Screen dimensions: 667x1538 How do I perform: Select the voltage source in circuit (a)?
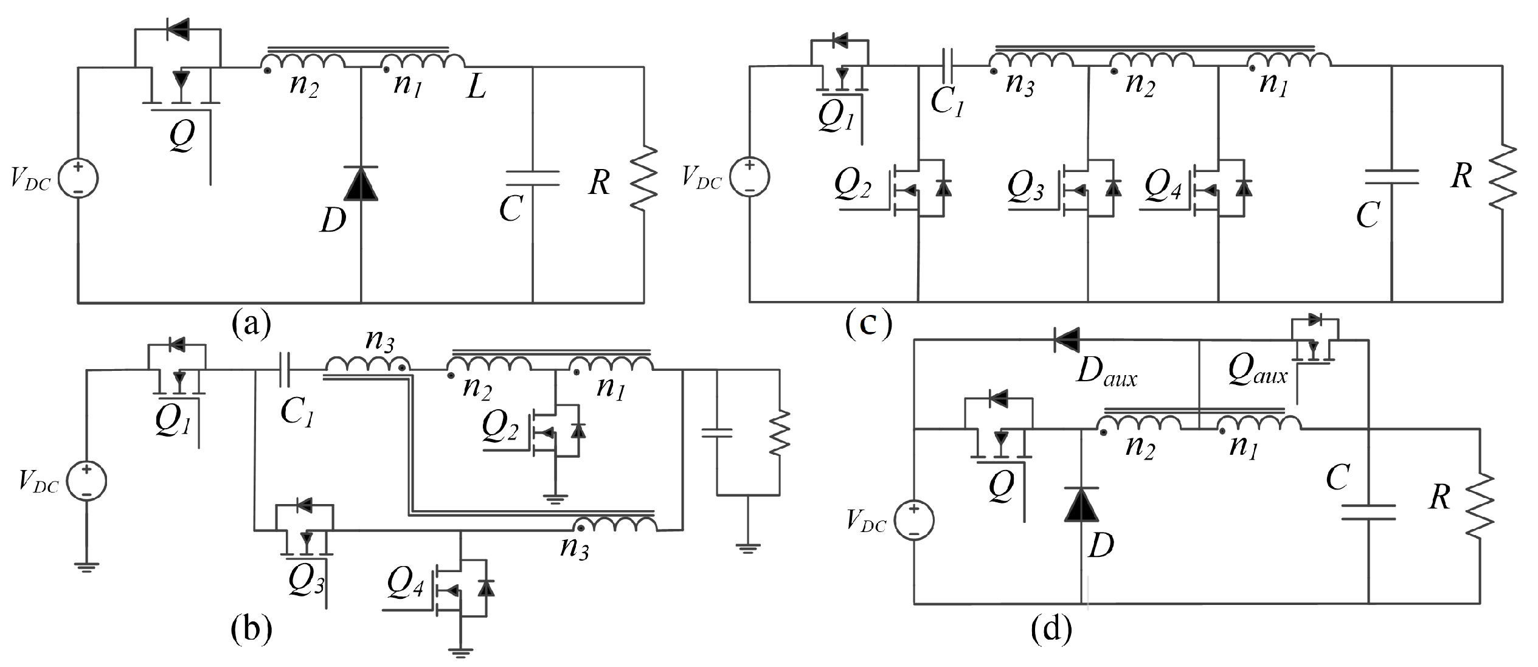tap(78, 178)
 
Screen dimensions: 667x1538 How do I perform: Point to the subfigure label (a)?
tap(251, 323)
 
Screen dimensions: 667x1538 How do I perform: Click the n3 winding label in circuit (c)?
tap(1019, 83)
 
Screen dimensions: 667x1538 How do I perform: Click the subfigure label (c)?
tap(868, 323)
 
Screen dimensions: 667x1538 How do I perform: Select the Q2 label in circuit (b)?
tap(500, 426)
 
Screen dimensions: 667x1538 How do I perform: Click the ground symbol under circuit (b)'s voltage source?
tap(86, 567)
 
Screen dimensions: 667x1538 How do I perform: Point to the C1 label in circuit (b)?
tap(297, 413)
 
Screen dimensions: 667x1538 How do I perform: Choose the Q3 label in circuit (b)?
tap(306, 581)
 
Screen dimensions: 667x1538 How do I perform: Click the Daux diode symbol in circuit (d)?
tap(1067, 339)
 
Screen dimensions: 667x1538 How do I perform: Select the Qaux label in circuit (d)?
tap(1257, 370)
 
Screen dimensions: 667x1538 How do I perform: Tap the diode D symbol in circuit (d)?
tap(1081, 505)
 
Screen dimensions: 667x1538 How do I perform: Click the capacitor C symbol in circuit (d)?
tap(1368, 512)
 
